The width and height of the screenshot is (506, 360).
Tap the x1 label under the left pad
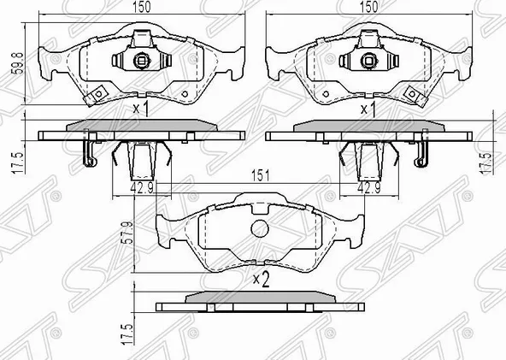click(142, 109)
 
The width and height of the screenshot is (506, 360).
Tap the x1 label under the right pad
click(369, 109)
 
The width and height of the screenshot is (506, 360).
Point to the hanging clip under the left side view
click(86, 153)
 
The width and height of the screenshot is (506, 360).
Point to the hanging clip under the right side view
click(419, 153)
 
